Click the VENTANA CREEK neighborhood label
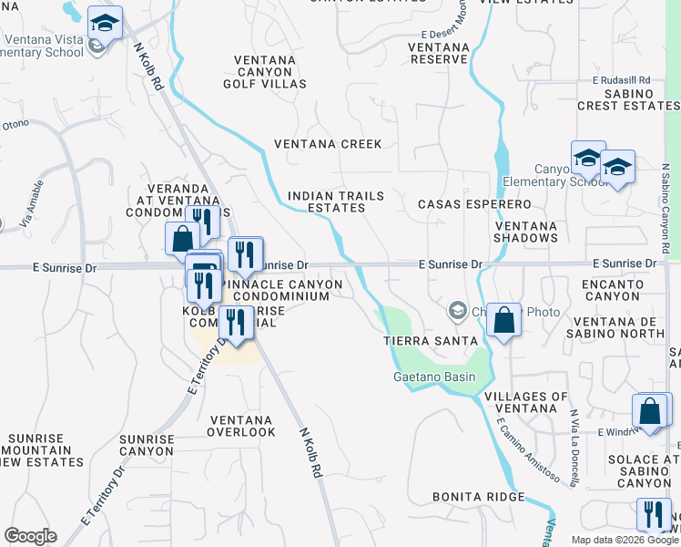click(x=329, y=144)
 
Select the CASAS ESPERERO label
click(x=474, y=204)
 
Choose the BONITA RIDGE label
click(x=479, y=497)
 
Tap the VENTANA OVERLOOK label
click(x=242, y=426)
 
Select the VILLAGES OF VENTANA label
click(x=526, y=402)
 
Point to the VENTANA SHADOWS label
click(x=526, y=232)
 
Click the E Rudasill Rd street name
click(x=622, y=80)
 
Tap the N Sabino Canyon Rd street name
click(x=666, y=210)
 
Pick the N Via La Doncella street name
click(x=574, y=448)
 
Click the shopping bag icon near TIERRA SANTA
click(x=503, y=320)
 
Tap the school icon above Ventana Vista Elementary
click(x=107, y=23)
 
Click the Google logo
click(x=30, y=536)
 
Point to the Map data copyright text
click(x=625, y=540)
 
